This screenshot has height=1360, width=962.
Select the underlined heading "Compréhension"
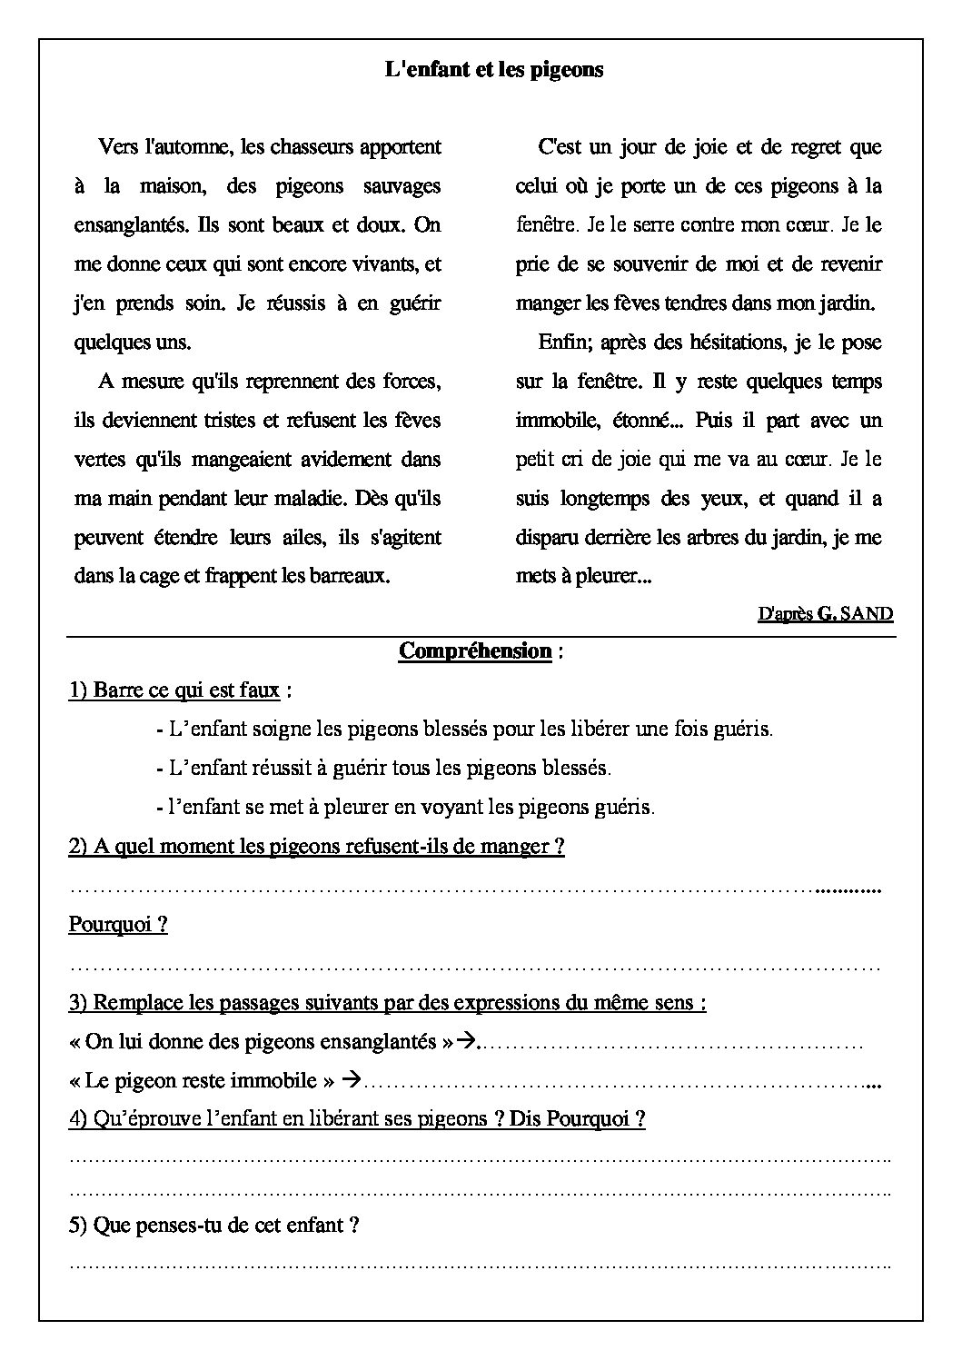[475, 651]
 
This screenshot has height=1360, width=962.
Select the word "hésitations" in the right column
[698, 342]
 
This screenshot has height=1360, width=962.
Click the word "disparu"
[547, 538]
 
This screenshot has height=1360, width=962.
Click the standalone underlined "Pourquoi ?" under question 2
[118, 925]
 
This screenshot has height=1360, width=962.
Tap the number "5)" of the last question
[78, 1226]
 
